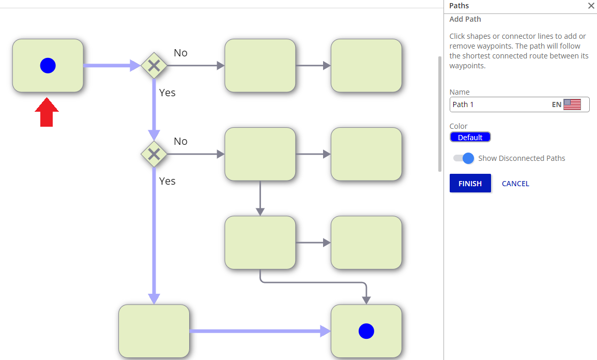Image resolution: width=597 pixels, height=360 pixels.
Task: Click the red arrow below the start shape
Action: pyautogui.click(x=47, y=112)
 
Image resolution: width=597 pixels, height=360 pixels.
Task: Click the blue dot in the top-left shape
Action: pyautogui.click(x=48, y=66)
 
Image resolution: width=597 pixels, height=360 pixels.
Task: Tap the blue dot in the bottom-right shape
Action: pyautogui.click(x=366, y=331)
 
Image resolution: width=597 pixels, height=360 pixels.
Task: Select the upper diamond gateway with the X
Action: pyautogui.click(x=154, y=66)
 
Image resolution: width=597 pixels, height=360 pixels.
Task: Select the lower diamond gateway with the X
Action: pyautogui.click(x=154, y=154)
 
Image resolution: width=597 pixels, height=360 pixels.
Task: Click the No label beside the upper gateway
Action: pyautogui.click(x=180, y=53)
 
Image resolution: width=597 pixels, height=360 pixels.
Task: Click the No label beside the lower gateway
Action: pyautogui.click(x=180, y=141)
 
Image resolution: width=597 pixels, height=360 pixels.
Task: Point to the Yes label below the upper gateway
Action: pyautogui.click(x=167, y=93)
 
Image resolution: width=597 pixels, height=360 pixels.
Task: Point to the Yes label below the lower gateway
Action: pyautogui.click(x=167, y=181)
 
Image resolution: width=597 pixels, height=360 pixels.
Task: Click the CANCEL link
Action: pyautogui.click(x=515, y=184)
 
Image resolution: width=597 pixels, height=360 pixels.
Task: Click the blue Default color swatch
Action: pyautogui.click(x=470, y=137)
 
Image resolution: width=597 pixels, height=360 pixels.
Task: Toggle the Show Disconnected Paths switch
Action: pyautogui.click(x=463, y=158)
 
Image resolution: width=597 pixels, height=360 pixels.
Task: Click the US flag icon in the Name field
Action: pyautogui.click(x=572, y=104)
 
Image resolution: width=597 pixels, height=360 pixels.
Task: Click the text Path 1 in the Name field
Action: pyautogui.click(x=463, y=104)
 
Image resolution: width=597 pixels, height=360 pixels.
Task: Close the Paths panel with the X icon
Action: pyautogui.click(x=591, y=6)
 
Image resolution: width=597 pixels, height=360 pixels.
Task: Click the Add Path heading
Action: pyautogui.click(x=465, y=19)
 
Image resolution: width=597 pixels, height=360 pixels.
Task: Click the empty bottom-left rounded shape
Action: pyautogui.click(x=154, y=331)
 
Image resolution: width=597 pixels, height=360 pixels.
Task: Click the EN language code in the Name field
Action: pyautogui.click(x=557, y=105)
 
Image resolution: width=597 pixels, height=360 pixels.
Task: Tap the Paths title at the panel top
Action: pyautogui.click(x=459, y=6)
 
